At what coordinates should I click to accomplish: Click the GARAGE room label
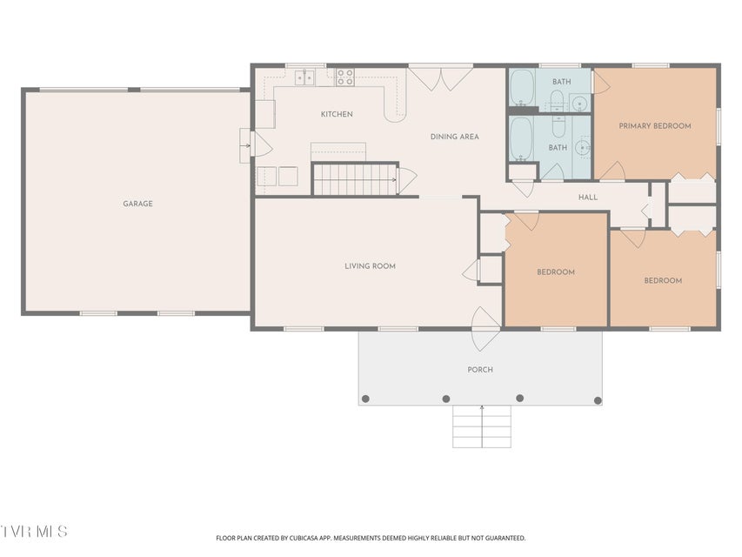[x=137, y=204]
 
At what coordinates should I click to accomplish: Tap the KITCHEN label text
[x=337, y=114]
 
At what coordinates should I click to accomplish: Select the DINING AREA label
[x=454, y=137]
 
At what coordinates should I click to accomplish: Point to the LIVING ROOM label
[x=370, y=266]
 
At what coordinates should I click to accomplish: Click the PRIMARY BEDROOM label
[x=655, y=126]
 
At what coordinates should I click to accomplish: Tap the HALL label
[x=588, y=197]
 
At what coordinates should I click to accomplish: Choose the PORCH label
[x=480, y=369]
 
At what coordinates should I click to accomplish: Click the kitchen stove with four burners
[x=345, y=77]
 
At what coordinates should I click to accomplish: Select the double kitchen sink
[x=305, y=77]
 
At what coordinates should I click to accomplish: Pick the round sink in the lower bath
[x=583, y=148]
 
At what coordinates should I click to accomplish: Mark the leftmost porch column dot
[x=365, y=399]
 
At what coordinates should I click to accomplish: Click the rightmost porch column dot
[x=598, y=400]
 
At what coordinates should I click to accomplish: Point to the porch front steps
[x=482, y=426]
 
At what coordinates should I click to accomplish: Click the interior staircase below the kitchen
[x=355, y=179]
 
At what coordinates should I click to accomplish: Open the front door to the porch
[x=486, y=329]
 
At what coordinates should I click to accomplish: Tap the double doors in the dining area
[x=440, y=77]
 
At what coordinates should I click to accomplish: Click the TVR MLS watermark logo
[x=34, y=531]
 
